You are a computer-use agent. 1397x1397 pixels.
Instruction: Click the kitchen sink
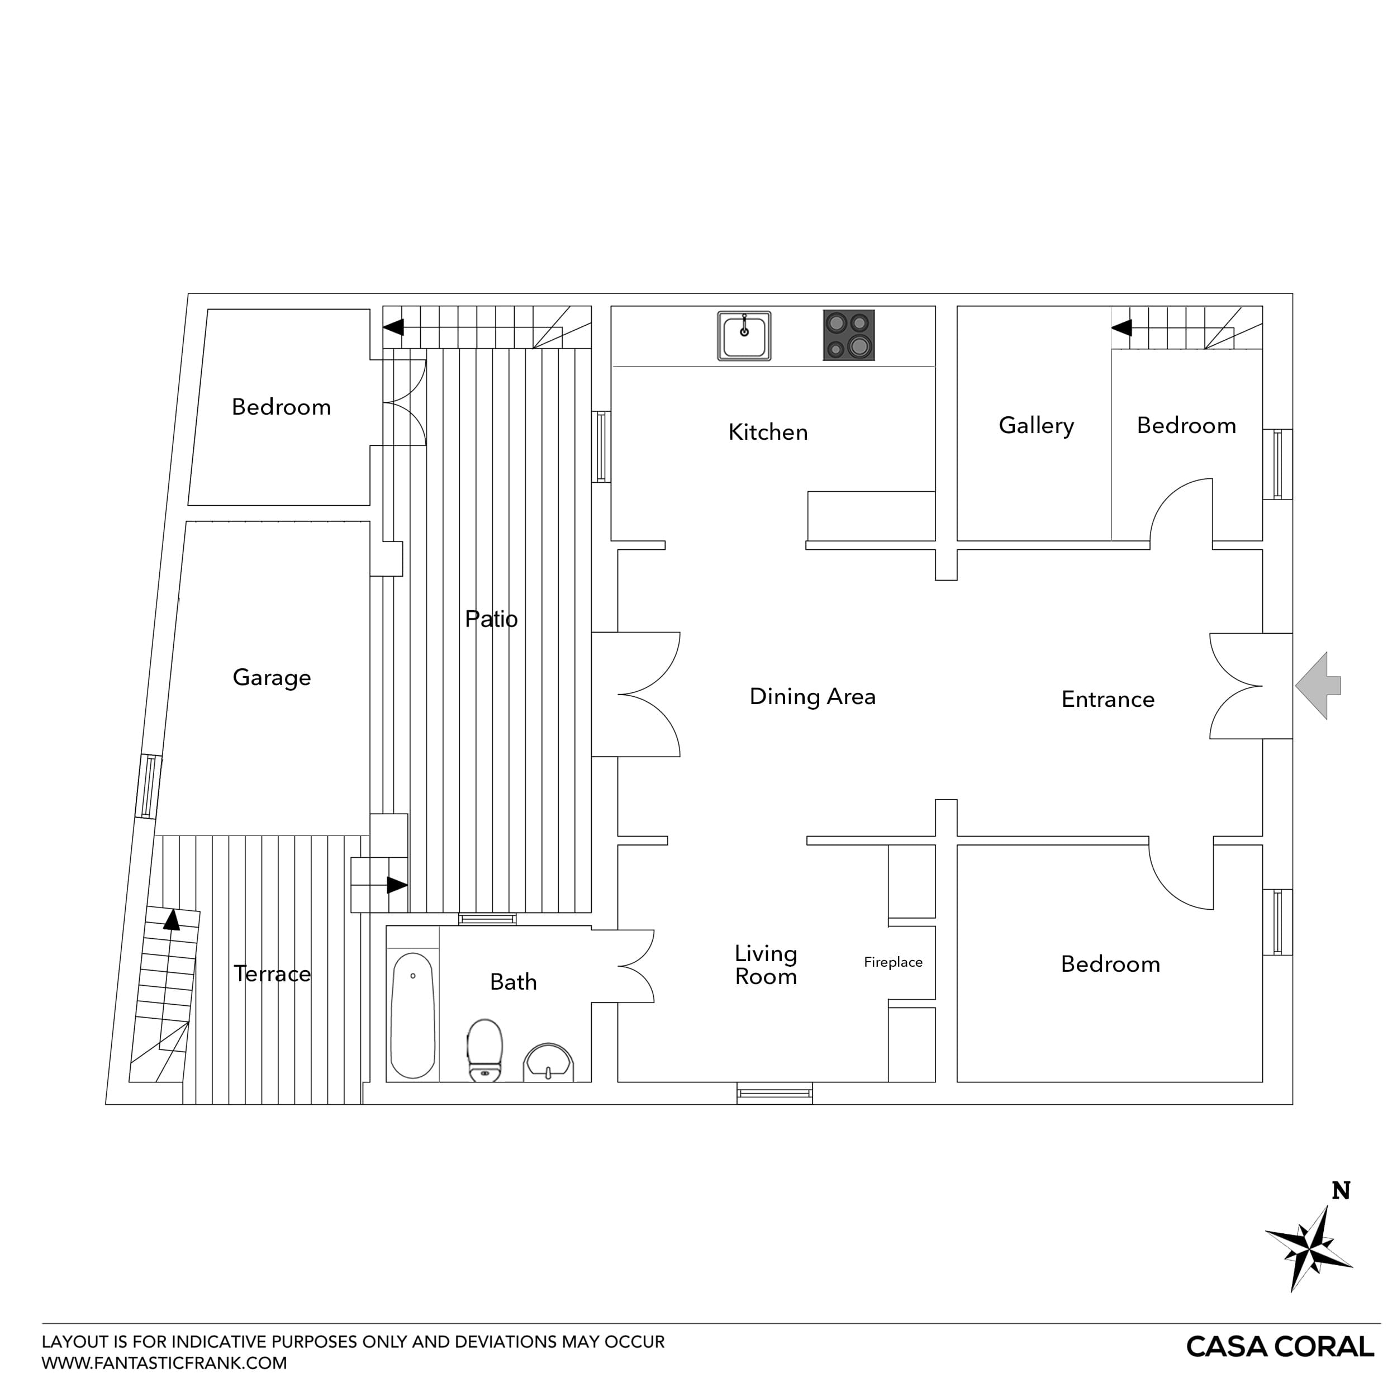[x=744, y=335]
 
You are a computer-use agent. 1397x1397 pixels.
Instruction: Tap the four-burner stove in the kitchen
[x=848, y=335]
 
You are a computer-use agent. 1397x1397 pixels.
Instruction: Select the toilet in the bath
[x=484, y=1049]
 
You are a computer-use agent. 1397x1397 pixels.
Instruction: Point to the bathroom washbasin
[x=548, y=1062]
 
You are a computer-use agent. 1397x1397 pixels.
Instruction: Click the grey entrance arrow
[x=1318, y=686]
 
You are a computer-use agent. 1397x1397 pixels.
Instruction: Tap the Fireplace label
[x=893, y=962]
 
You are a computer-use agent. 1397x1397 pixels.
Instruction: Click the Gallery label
[x=1035, y=426]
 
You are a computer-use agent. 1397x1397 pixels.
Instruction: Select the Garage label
[x=272, y=677]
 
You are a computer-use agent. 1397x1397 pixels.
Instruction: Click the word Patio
[x=491, y=619]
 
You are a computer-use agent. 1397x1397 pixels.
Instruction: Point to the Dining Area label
[x=812, y=696]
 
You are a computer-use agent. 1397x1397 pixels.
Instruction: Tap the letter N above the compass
[x=1341, y=1191]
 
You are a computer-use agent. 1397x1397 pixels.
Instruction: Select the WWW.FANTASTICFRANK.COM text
[x=164, y=1363]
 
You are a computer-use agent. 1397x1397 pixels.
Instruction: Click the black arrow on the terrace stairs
[x=172, y=920]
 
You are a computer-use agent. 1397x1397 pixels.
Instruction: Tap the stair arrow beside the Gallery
[x=1122, y=327]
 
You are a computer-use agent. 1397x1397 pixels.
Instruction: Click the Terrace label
[x=272, y=974]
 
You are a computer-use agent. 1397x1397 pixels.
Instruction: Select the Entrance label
[x=1107, y=699]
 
